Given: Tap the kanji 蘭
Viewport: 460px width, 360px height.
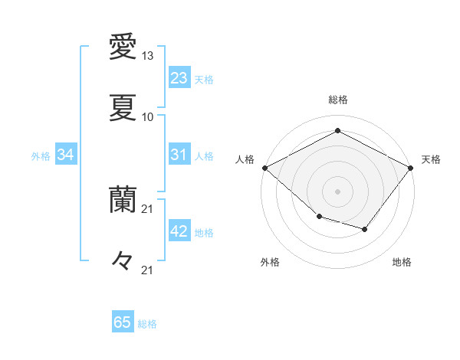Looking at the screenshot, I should (123, 198).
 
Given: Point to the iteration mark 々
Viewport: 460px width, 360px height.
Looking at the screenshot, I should (123, 260).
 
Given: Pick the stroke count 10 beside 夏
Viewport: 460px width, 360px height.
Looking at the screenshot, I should (148, 116).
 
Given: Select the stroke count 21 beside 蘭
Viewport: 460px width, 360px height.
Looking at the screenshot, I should (148, 208).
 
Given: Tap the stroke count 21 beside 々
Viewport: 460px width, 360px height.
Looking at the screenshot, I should (148, 270).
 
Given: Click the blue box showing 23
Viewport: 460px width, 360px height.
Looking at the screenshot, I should (179, 78).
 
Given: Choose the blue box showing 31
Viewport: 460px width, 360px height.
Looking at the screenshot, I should (179, 155).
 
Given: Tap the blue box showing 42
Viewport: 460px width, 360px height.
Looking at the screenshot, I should (179, 232).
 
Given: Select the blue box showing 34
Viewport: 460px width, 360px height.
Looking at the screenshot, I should (66, 155).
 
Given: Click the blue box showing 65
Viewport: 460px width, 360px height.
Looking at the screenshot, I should (123, 322).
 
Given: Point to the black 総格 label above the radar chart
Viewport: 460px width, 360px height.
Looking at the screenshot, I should (337, 100).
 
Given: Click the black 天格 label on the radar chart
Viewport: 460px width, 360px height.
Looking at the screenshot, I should (431, 159).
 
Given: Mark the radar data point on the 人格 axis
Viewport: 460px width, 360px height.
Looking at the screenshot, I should (264, 168).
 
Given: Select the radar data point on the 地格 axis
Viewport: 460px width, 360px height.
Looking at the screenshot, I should (365, 229).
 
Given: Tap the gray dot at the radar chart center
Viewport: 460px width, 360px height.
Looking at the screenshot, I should (337, 191).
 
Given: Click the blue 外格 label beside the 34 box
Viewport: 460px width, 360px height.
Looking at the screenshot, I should (41, 155).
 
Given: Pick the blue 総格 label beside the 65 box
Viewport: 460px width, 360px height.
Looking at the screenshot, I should (147, 323).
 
